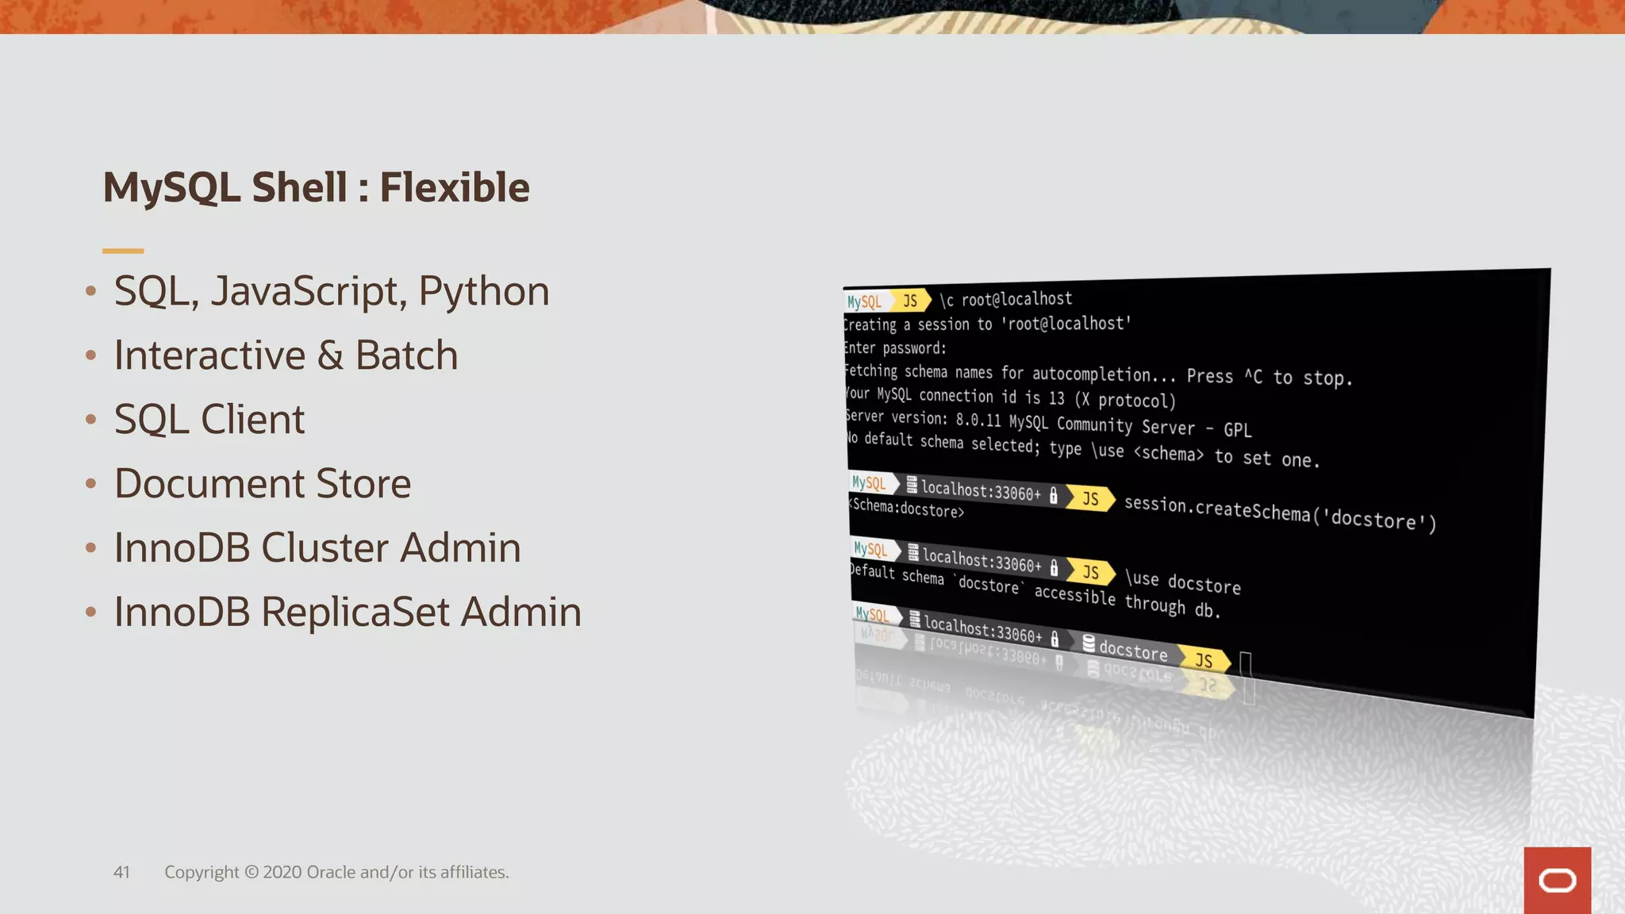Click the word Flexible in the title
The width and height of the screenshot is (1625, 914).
(454, 187)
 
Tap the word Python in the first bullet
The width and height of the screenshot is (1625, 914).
(483, 291)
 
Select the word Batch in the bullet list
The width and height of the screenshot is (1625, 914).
(406, 355)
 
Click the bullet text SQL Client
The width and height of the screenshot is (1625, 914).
(209, 420)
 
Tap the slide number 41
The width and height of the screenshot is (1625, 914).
(121, 873)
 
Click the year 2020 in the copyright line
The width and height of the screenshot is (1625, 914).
(282, 873)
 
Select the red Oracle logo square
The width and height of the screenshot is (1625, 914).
(1557, 880)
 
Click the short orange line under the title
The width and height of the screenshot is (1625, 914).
(123, 251)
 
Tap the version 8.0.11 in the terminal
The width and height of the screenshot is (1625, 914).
(978, 420)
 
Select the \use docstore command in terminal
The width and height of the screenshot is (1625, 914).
(1182, 582)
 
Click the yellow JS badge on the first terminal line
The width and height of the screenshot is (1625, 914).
(911, 301)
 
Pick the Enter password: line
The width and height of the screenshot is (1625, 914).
(895, 348)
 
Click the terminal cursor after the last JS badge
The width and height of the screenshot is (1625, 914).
(1246, 664)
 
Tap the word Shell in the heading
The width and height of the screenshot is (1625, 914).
(299, 187)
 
